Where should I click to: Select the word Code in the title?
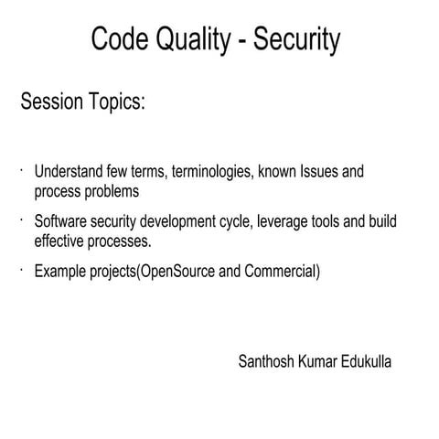123,40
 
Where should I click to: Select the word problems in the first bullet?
111,192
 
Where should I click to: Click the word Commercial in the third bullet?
280,272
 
